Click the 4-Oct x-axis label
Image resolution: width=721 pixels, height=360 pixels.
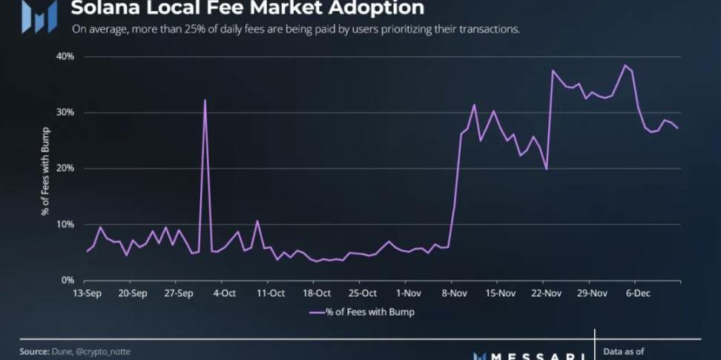coord(224,293)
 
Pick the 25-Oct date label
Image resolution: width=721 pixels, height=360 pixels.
coord(363,293)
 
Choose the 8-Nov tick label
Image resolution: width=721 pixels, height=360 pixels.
coord(454,293)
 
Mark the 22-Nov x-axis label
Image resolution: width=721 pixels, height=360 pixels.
coord(546,293)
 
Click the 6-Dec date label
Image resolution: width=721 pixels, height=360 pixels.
coord(639,293)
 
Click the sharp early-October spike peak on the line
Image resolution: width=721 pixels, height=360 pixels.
coord(205,100)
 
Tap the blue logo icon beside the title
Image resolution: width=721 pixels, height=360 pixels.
coord(39,16)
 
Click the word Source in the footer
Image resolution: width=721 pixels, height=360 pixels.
coord(33,351)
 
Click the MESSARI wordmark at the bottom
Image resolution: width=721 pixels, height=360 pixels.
coord(531,355)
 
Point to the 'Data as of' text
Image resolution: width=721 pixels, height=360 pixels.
coord(624,351)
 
